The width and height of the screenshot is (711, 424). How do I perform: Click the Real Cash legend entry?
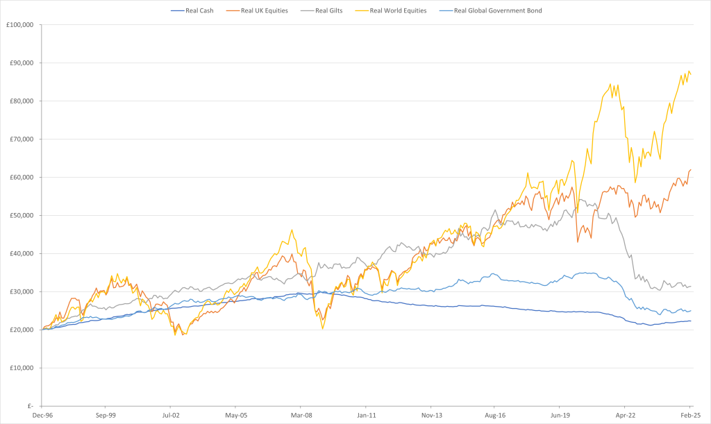coord(192,10)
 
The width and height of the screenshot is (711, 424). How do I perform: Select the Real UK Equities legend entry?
coord(257,10)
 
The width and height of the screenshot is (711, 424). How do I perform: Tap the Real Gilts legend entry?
coord(321,10)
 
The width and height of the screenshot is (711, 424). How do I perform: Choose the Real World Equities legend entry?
coord(392,10)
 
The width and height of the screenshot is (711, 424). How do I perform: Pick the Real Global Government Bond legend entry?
coord(491,10)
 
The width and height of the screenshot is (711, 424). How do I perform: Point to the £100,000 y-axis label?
coord(20,25)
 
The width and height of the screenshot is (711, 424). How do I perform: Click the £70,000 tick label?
coord(22,139)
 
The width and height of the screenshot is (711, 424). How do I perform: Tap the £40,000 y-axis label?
coord(22,254)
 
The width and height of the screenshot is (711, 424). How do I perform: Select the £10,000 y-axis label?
coord(22,368)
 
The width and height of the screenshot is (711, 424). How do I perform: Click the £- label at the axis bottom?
coord(30,406)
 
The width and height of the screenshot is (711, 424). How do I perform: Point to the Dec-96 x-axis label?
coord(42,416)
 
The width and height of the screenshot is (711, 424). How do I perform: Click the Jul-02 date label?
coord(171,416)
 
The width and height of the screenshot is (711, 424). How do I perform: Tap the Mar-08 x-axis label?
coord(301,416)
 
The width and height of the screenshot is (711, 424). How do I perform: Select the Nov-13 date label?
coord(432,416)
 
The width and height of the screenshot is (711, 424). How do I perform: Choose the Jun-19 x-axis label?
coord(560,416)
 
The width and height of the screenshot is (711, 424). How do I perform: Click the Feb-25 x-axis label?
coord(691,416)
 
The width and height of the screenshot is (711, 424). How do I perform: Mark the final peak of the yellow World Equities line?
coord(689,71)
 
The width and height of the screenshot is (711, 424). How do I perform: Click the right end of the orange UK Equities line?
coord(691,170)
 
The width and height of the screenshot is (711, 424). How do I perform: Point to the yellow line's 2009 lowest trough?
coord(323,328)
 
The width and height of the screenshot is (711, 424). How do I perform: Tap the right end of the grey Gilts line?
coord(691,286)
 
